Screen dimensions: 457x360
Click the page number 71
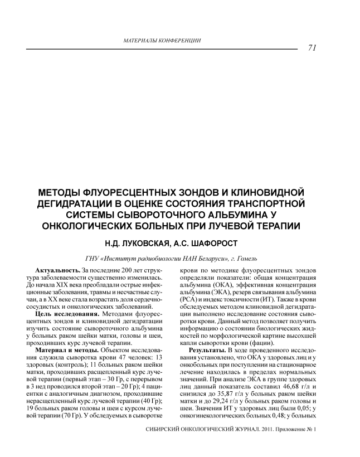click(x=312, y=47)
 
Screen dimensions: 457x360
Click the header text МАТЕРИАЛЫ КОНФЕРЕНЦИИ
click(x=161, y=41)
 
